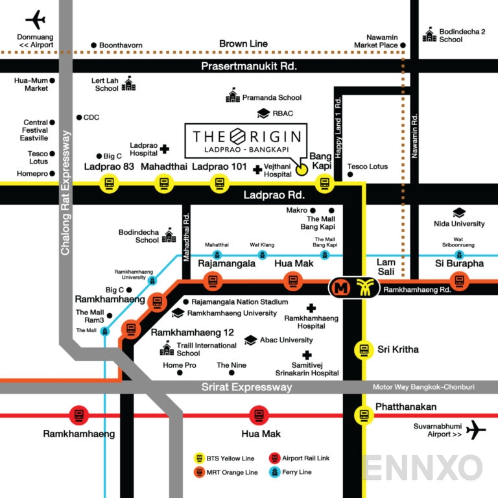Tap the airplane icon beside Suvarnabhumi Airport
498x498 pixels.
[477, 429]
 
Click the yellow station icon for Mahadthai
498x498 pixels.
[163, 184]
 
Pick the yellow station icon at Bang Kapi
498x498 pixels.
[324, 184]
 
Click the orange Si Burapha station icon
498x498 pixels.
[460, 281]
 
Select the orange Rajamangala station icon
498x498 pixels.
[212, 281]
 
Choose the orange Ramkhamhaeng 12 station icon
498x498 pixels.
[131, 329]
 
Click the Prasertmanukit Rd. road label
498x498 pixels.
[248, 66]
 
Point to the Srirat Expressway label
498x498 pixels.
[246, 387]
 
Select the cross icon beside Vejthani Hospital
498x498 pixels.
[257, 170]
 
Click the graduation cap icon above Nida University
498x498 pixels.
[459, 213]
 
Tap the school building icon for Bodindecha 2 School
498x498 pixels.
[430, 34]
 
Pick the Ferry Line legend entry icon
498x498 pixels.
[273, 472]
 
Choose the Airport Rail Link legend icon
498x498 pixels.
[273, 458]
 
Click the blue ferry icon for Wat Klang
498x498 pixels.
[262, 254]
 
